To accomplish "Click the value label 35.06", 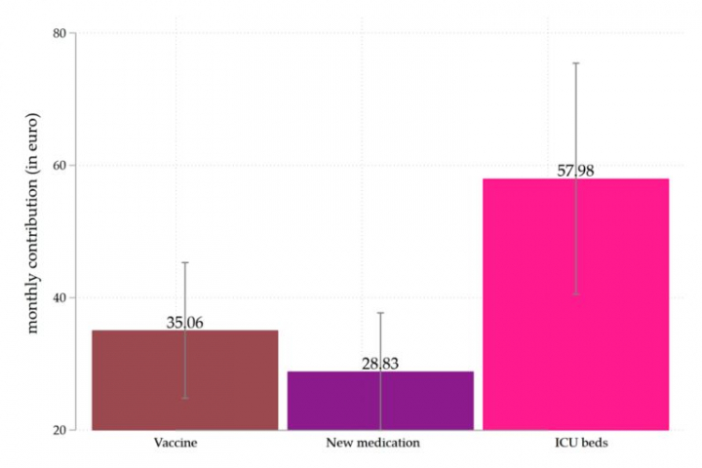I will click(x=185, y=323).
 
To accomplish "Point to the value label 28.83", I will click(x=380, y=364).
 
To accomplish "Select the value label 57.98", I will click(x=575, y=171).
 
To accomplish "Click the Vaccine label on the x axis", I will click(x=176, y=444).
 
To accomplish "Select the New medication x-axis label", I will click(x=373, y=444).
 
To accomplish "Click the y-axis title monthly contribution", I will click(x=33, y=234).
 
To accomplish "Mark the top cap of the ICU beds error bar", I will click(x=575, y=63).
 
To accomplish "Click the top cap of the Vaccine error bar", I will click(x=185, y=262).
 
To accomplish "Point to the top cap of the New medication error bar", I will click(x=380, y=313).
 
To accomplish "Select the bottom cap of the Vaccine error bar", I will click(x=185, y=398).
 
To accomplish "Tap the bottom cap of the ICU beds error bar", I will click(x=575, y=294).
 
